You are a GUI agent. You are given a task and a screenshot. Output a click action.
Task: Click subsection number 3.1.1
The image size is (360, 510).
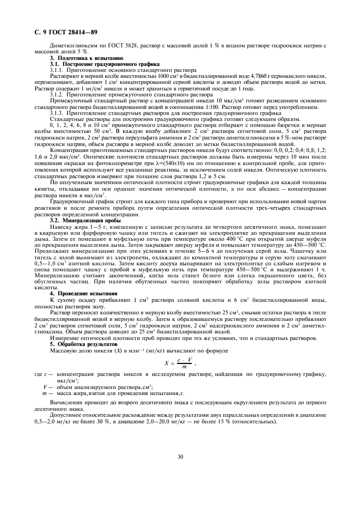point(57,71)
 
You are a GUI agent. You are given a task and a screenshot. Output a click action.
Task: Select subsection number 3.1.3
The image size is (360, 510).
point(57,113)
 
